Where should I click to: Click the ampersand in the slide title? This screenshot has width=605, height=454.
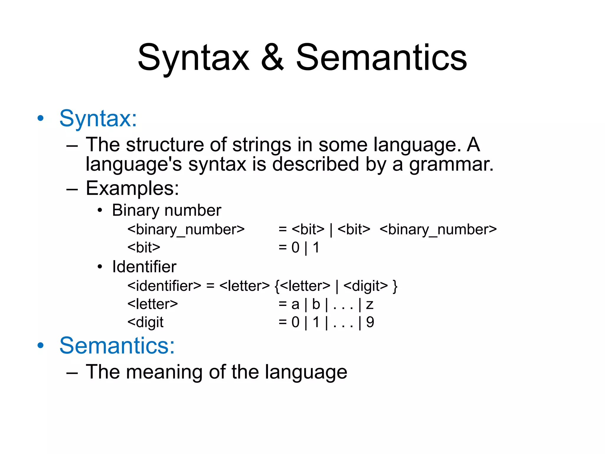coord(272,58)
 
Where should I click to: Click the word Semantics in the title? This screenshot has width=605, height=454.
coord(381,58)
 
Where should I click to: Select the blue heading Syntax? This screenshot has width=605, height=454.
coord(98,119)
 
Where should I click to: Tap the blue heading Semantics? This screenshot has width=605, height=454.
coord(117,346)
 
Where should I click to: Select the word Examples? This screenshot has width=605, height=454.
coord(132,188)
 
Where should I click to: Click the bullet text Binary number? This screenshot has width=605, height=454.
coord(167,210)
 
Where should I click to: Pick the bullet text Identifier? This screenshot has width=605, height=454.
coord(144,267)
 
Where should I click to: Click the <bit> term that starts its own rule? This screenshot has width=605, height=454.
coord(144,247)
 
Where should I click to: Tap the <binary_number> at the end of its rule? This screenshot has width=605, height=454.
coord(438,230)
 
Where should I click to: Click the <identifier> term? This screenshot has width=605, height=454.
coord(164,286)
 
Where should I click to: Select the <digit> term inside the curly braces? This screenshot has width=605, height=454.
coord(365,286)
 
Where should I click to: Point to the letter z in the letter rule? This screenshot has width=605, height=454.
coord(370,304)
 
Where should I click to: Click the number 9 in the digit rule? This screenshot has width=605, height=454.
coord(370,322)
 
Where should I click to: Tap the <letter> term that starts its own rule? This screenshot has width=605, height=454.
coord(152,304)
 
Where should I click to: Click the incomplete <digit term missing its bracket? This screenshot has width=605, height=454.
coord(145,322)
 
